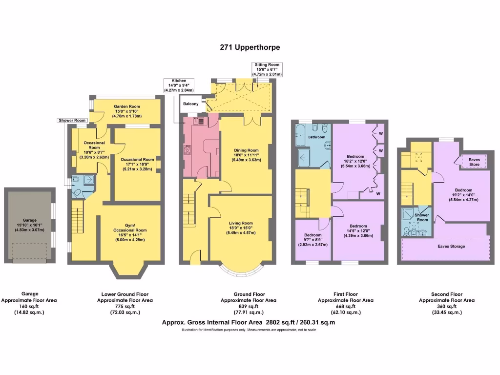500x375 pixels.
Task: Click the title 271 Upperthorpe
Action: point(250,47)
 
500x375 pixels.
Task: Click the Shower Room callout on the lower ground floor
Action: point(72,120)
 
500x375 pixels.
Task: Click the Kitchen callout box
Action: point(179,85)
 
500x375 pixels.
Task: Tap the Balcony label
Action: point(191,104)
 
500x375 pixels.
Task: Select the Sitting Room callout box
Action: point(267,69)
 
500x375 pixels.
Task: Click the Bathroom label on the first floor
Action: point(316,137)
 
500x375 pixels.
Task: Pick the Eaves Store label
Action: point(474,162)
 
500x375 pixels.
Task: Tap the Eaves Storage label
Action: point(451,247)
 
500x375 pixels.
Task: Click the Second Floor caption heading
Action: point(446,294)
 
